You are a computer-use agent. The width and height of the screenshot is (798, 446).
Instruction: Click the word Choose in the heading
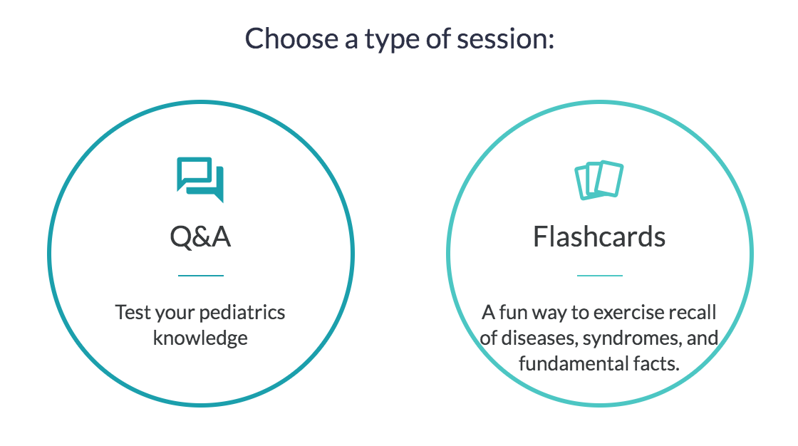point(291,38)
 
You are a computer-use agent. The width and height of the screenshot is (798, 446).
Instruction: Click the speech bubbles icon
point(200,180)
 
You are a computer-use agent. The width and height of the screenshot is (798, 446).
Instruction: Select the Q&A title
point(200,237)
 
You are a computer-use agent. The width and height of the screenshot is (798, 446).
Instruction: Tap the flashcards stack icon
point(599,180)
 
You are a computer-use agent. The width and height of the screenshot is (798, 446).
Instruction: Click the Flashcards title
point(599,237)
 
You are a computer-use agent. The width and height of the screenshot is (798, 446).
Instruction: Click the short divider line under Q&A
point(200,276)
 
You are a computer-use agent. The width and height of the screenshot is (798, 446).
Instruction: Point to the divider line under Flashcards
point(599,276)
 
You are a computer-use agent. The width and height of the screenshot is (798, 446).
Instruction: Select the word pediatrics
point(242,313)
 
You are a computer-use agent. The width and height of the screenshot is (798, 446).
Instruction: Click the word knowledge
point(200,338)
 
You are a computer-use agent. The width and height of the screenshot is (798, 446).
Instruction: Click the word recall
point(695,313)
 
